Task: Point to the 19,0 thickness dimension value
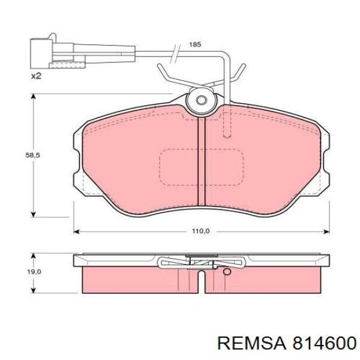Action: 34,272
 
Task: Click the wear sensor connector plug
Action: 50,53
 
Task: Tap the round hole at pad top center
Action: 202,100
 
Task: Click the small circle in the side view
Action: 226,272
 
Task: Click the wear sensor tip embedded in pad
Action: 228,129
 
